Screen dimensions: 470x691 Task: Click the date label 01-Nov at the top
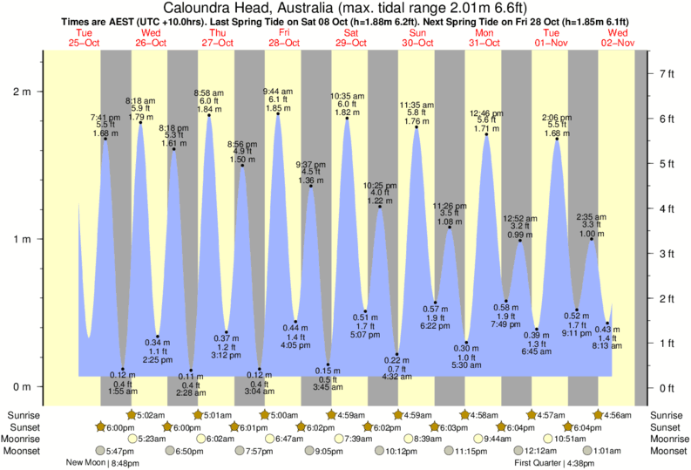coord(547,42)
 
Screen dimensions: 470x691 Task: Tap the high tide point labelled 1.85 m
coord(279,112)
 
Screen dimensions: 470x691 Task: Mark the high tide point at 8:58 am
coord(209,115)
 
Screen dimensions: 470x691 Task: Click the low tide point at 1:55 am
coord(123,369)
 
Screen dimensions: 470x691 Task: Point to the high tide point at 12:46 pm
coord(486,134)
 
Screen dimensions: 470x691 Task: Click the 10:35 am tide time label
coord(347,96)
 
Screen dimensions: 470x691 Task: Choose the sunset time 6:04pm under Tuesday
coord(584,427)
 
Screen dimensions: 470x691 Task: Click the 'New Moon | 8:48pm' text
coord(104,463)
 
